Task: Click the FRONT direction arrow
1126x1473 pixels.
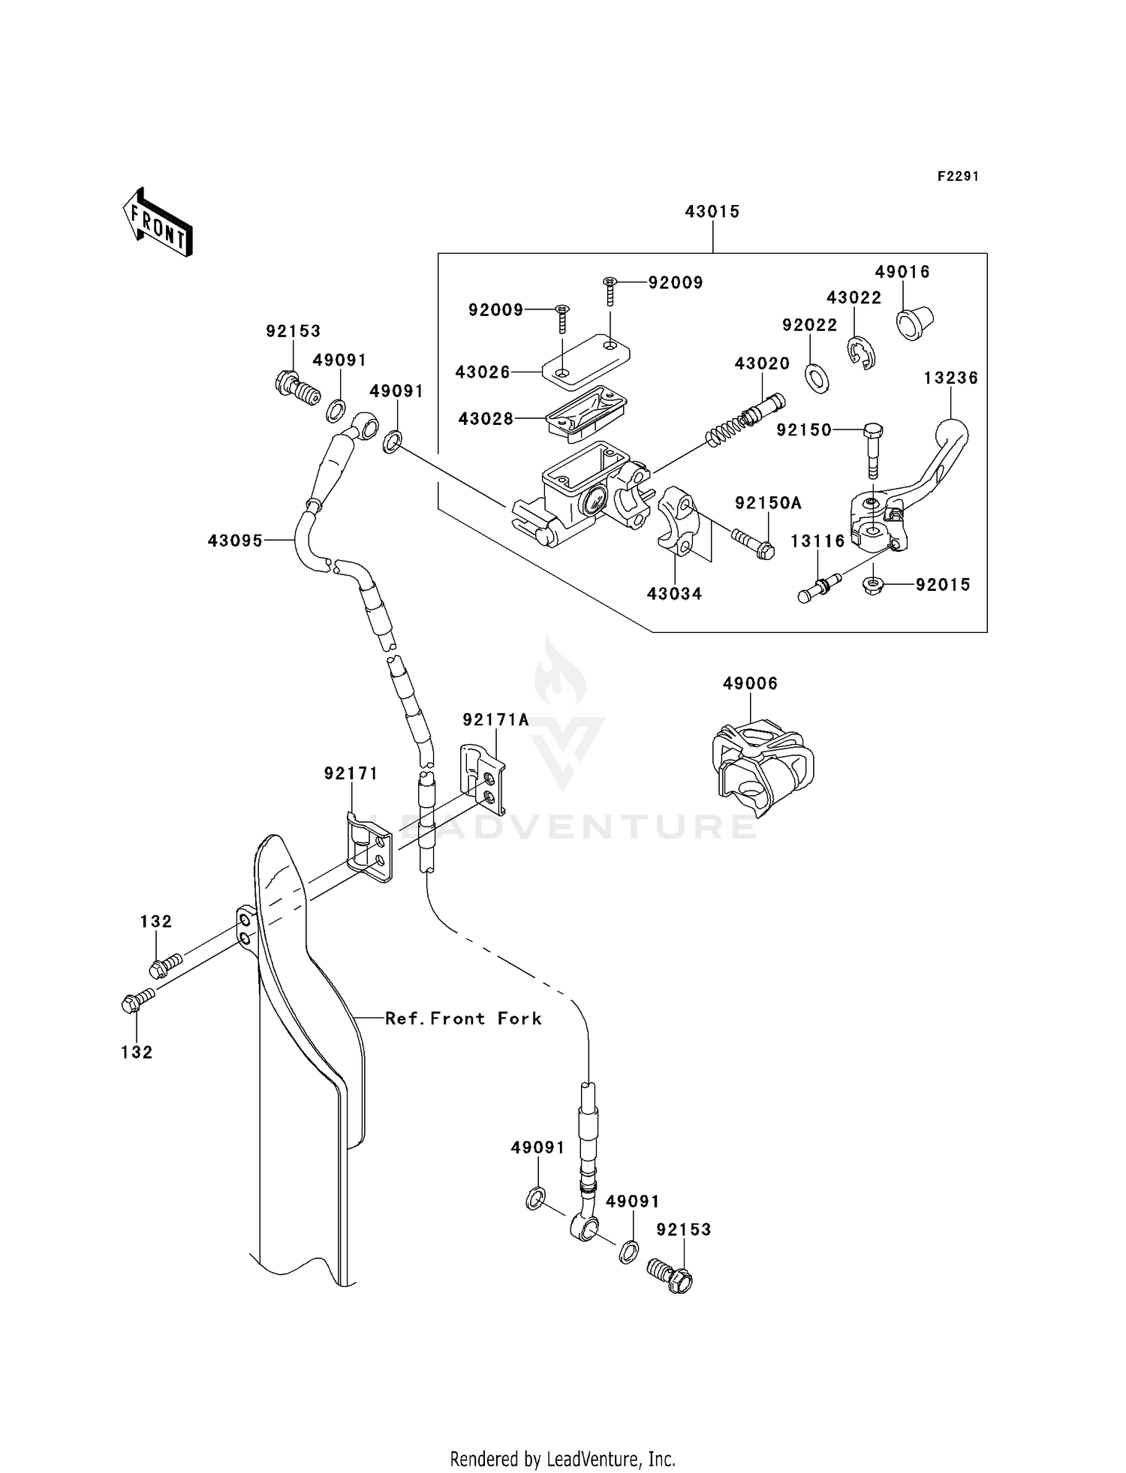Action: point(158,223)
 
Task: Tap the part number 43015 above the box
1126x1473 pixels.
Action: point(712,212)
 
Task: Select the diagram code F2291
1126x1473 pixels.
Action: point(958,176)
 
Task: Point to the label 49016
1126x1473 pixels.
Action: point(902,272)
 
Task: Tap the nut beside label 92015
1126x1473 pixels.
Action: point(872,585)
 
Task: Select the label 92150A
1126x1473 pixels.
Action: point(768,503)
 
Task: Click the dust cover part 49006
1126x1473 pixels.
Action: point(762,766)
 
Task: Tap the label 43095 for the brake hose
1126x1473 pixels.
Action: point(235,540)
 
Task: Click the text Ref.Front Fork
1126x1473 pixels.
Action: point(463,1018)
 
